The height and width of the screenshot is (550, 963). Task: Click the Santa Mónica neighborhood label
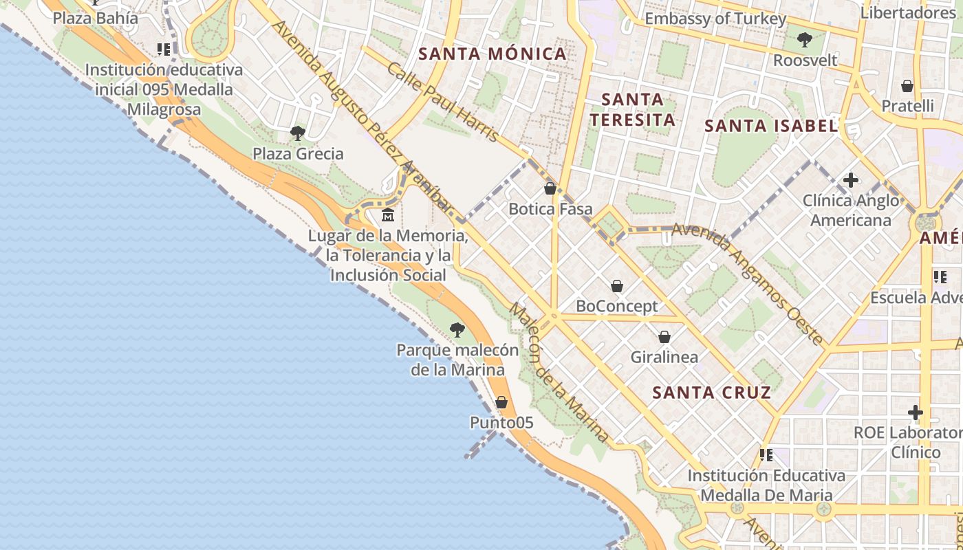493,54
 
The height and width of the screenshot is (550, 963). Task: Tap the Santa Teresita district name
632,109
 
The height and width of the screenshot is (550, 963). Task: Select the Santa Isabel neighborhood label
771,126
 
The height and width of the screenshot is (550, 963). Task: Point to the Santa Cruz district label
711,393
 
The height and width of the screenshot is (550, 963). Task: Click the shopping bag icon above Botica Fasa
550,188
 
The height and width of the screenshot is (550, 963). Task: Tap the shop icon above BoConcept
617,286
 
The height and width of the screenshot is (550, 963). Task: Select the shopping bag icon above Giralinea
664,337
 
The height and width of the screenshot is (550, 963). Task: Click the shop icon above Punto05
501,402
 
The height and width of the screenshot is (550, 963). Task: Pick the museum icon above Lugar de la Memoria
388,215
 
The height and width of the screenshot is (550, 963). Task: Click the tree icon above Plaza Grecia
297,133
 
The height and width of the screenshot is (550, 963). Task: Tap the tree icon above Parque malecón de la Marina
457,330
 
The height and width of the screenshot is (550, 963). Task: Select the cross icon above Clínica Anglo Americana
851,180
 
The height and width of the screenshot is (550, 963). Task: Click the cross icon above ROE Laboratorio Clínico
915,412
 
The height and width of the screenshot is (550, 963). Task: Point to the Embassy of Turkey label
715,19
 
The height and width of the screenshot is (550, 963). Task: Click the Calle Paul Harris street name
442,102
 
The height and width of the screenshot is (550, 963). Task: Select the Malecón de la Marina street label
559,372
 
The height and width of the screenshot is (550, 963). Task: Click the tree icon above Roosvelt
804,40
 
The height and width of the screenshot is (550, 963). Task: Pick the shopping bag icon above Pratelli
907,86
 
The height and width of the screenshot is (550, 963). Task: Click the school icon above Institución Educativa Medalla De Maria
766,455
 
